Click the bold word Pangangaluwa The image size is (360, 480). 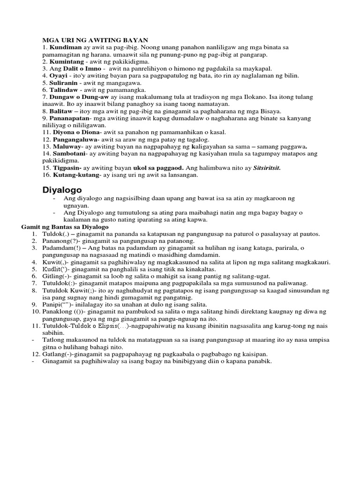click(x=76, y=139)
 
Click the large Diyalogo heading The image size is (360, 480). click(x=62, y=190)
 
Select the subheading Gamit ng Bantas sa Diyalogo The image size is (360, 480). click(x=65, y=227)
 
